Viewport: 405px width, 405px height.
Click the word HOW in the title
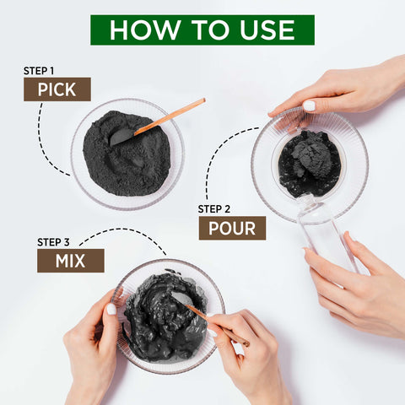145,30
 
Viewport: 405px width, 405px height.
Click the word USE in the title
267,30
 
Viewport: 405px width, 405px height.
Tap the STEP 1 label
39,71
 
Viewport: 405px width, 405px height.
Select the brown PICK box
57,89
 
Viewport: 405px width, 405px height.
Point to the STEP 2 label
213,209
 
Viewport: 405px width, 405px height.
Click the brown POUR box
232,228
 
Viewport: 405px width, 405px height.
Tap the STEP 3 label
53,242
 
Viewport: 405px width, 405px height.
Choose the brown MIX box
71,261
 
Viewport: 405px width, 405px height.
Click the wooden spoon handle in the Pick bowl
170,116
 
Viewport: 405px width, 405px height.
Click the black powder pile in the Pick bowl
127,154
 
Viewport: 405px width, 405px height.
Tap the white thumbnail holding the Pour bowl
309,105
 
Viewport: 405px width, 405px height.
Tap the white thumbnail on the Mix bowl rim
111,309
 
